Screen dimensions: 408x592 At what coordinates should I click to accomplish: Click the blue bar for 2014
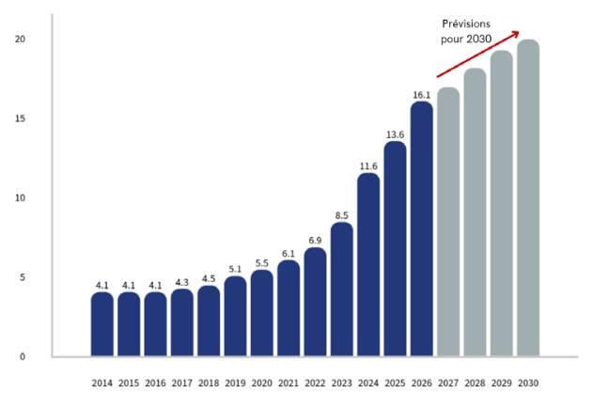102,324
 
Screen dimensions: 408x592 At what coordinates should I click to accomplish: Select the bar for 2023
342,290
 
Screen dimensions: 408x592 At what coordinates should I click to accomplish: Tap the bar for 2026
422,229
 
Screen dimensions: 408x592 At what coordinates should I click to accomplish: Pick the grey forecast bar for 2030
528,198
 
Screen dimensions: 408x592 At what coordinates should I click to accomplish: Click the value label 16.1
422,94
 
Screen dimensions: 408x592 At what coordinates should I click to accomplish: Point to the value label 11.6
368,165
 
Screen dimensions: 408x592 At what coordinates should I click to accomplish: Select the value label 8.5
342,214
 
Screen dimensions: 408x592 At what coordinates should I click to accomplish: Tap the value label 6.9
316,240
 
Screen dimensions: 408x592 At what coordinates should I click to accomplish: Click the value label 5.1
236,269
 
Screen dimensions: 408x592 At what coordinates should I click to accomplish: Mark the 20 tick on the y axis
20,39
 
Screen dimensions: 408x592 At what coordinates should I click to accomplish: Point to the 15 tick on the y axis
20,118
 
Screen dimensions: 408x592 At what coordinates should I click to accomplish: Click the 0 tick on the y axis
23,356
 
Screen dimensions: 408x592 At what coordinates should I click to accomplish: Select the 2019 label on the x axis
236,383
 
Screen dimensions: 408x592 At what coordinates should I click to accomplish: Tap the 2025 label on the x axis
395,383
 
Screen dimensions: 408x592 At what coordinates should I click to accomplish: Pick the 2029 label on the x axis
502,383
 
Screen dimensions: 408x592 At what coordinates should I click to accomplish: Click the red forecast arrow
477,55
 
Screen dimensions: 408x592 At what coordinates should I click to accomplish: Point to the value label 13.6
396,133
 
